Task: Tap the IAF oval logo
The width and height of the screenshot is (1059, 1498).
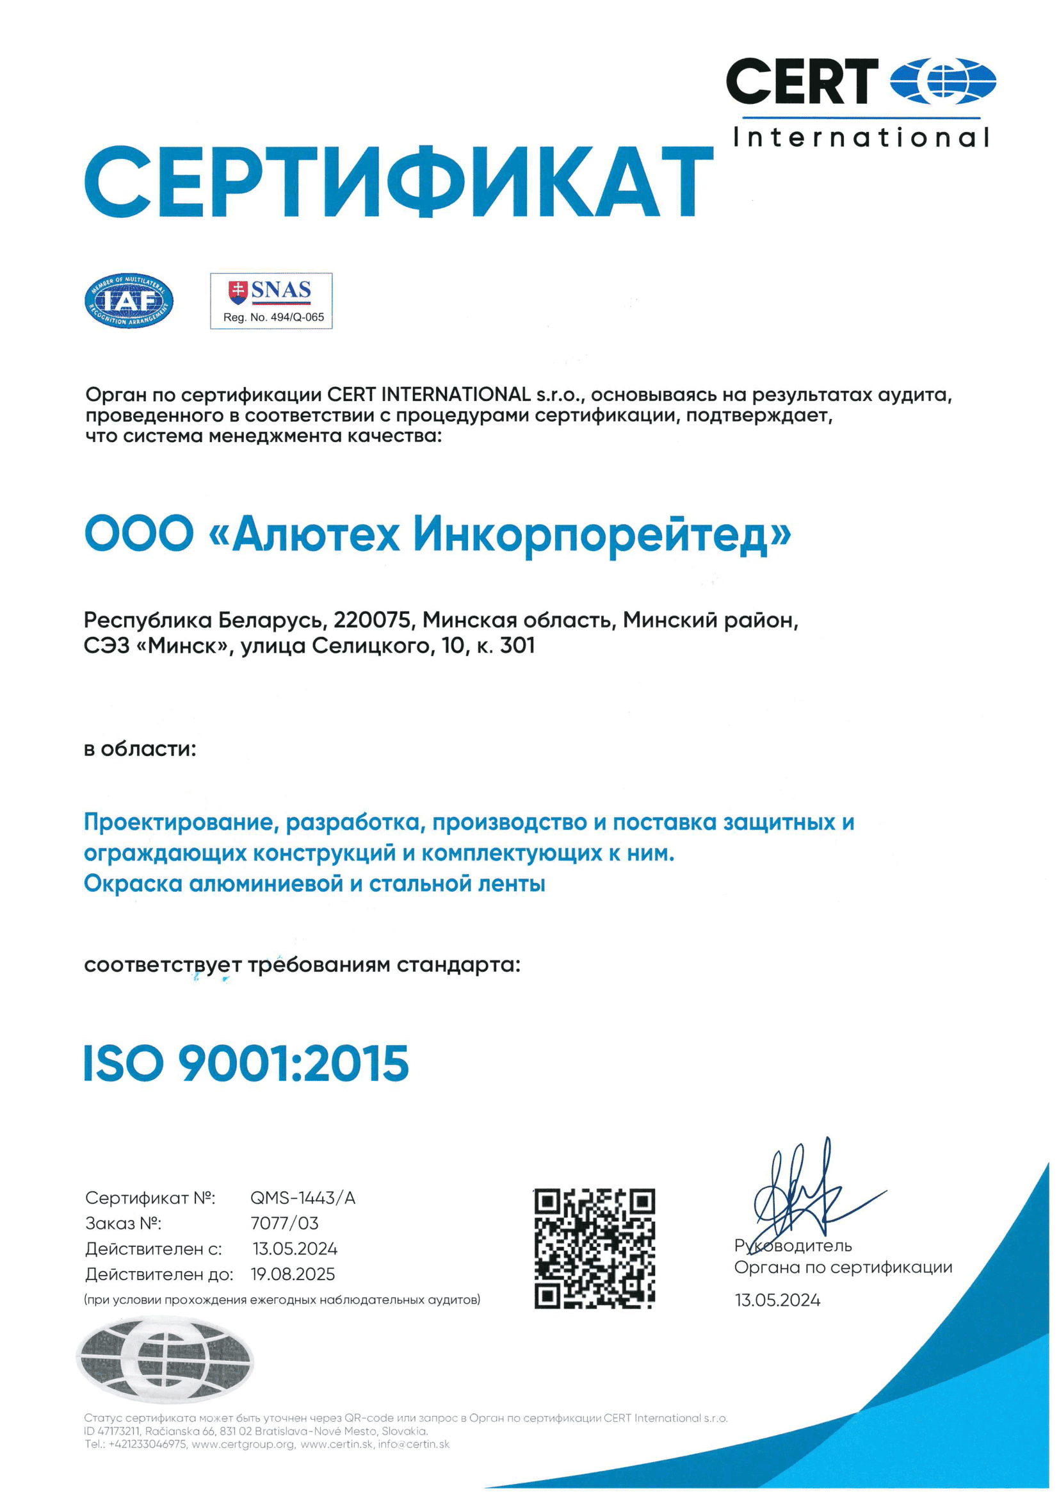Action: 129,300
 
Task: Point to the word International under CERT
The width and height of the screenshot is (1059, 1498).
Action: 861,138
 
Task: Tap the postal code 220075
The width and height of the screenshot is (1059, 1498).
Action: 373,619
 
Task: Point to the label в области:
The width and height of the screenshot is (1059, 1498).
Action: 140,749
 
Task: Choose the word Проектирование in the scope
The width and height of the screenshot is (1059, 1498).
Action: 182,822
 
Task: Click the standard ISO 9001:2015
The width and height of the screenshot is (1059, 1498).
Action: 247,1064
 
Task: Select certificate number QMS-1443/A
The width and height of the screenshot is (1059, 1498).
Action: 303,1198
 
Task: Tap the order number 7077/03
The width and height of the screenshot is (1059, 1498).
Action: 284,1223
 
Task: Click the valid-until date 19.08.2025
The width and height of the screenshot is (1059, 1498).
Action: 293,1274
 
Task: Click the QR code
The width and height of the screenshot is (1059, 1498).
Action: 594,1249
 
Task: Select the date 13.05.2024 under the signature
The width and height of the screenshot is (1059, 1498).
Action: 777,1300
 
